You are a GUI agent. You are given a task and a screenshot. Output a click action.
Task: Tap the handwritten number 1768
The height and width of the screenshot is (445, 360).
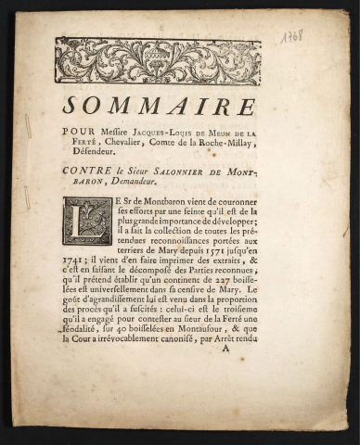[292, 36]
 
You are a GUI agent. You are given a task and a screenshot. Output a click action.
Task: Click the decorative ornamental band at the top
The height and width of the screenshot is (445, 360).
[158, 61]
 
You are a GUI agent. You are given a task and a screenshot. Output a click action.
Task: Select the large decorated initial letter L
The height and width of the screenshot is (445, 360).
[87, 221]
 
